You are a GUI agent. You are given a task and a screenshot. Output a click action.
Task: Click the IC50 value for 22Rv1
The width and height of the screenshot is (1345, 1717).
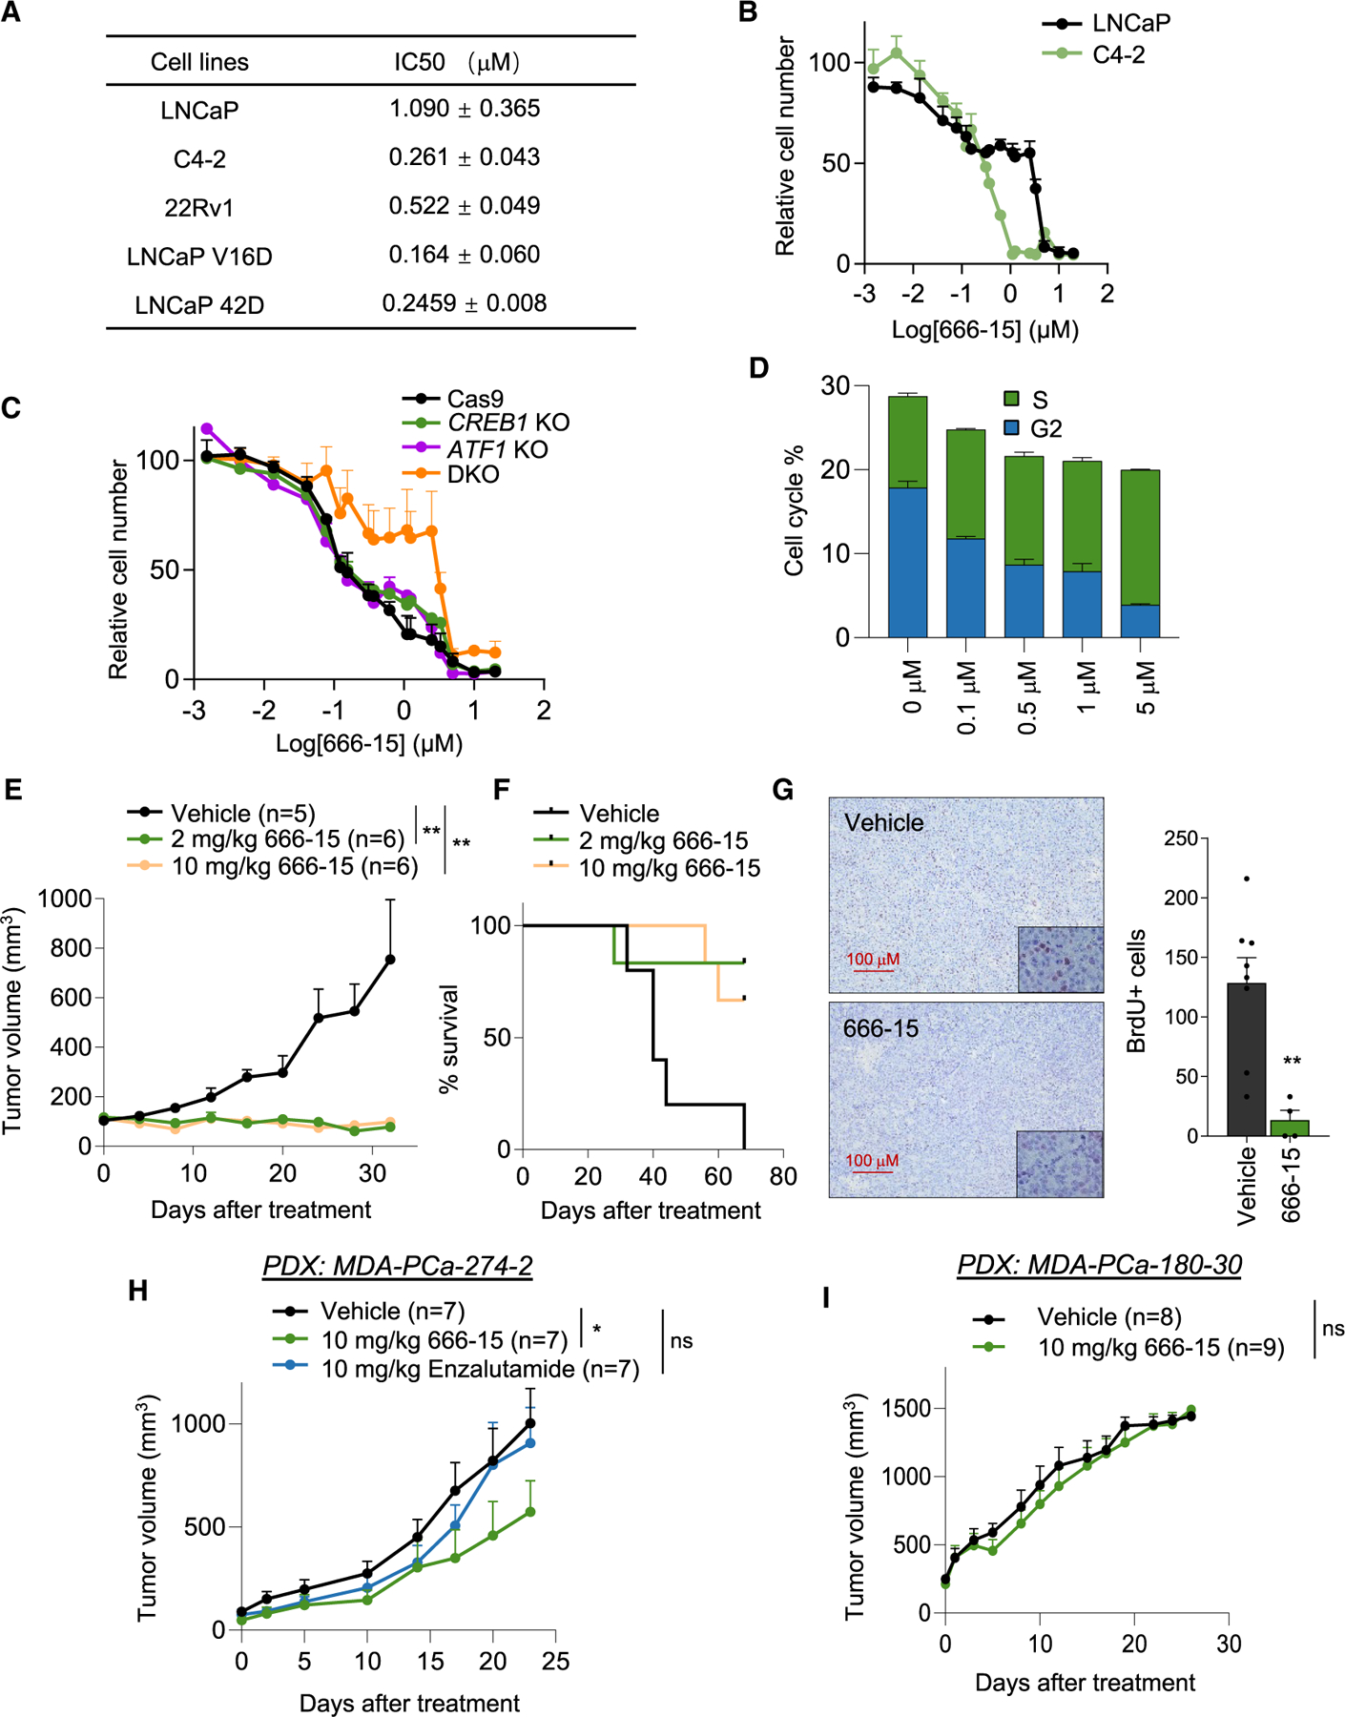coord(465,206)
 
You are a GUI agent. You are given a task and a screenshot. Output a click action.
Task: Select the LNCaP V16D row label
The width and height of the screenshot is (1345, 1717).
coord(199,257)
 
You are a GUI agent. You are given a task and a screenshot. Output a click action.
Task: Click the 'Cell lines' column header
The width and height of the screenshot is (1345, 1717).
coord(199,63)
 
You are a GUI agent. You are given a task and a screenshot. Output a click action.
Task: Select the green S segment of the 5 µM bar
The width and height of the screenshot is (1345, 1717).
coord(1140,537)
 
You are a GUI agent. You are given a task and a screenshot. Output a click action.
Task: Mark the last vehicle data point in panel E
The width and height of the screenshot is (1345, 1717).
coord(389,960)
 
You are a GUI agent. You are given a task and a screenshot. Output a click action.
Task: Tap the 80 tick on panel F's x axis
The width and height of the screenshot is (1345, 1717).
coord(783,1176)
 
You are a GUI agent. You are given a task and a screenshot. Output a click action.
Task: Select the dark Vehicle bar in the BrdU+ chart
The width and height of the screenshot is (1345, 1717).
coord(1247,1059)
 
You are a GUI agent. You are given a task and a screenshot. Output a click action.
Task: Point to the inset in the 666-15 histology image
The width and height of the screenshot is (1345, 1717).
coord(1060,1164)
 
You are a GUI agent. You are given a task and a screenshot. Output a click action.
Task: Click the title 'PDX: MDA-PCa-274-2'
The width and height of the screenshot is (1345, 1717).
coord(397,1266)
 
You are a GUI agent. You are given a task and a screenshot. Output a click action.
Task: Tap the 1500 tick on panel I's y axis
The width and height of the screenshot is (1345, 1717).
coord(903,1410)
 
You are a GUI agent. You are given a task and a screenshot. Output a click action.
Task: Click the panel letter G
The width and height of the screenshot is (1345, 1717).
coord(783,790)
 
